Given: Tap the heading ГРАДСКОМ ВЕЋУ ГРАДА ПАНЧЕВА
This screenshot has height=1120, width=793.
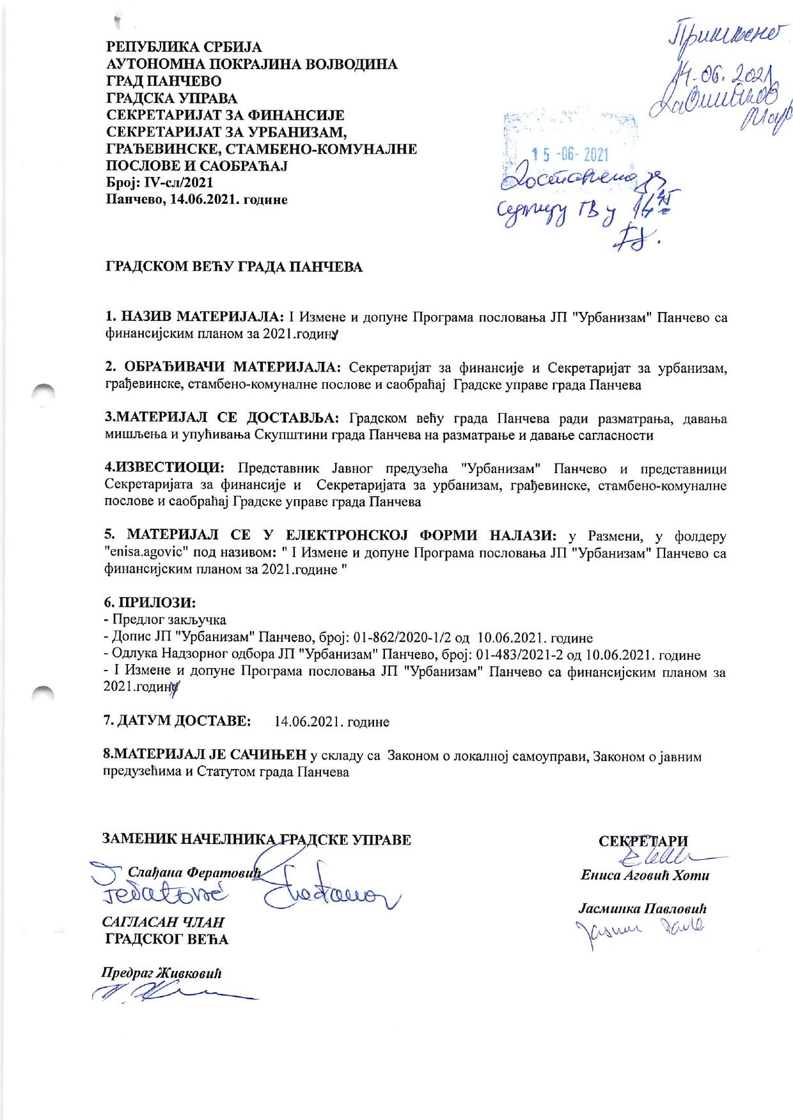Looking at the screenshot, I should [x=234, y=267].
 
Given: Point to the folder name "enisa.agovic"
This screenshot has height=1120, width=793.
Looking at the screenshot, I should [x=145, y=552].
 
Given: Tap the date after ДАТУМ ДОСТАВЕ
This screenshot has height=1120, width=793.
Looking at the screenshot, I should [x=331, y=722].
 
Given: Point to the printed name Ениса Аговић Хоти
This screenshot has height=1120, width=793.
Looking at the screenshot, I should [x=645, y=875].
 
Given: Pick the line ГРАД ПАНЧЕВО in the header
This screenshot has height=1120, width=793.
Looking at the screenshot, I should [x=164, y=82].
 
